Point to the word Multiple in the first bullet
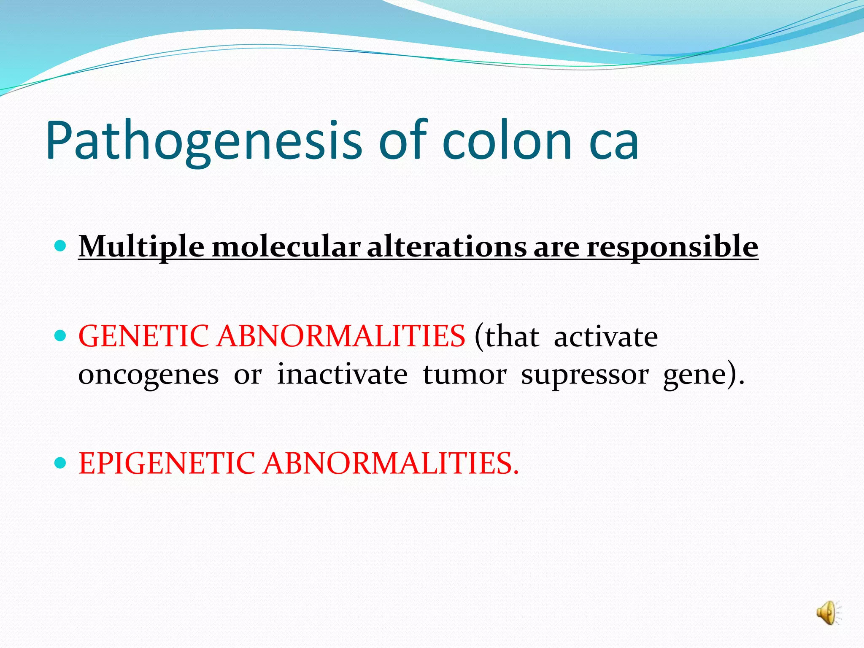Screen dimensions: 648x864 (141, 246)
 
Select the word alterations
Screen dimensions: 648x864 (447, 246)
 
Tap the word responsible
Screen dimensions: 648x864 (672, 246)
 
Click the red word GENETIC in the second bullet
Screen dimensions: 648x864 (143, 336)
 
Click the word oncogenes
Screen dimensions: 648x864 (148, 375)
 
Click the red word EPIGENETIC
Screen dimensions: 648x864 (167, 463)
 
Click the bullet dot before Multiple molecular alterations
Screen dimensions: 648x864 (61, 246)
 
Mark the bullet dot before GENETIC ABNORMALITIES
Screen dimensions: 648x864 (61, 336)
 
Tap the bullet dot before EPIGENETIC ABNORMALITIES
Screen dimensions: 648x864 (61, 463)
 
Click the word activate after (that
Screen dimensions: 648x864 (605, 337)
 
